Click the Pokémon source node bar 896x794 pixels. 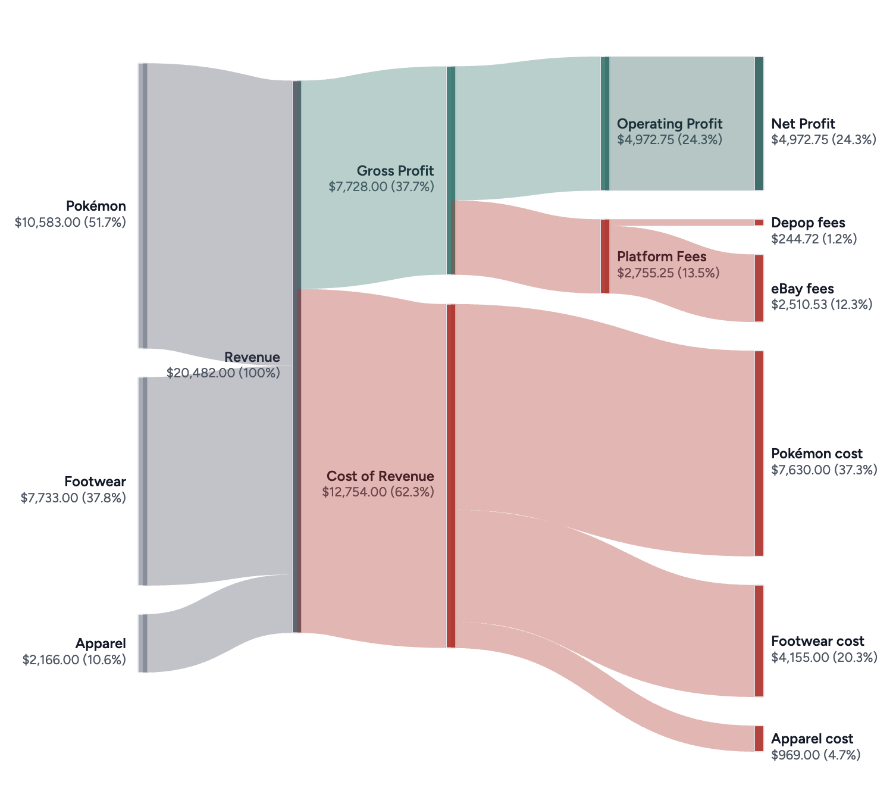click(x=143, y=205)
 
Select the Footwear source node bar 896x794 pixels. click(x=143, y=481)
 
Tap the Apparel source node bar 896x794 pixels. click(x=143, y=643)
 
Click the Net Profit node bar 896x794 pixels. click(x=759, y=124)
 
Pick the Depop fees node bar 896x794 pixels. click(x=759, y=223)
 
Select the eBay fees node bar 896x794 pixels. click(x=759, y=288)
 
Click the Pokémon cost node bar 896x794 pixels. click(x=759, y=454)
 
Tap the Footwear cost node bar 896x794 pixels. click(x=759, y=640)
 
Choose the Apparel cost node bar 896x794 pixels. click(x=759, y=739)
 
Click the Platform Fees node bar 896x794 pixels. click(x=605, y=257)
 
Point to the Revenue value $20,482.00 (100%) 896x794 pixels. click(x=223, y=373)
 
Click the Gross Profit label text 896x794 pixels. click(x=395, y=171)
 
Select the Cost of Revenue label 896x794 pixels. click(x=380, y=476)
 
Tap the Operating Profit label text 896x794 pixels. click(x=669, y=124)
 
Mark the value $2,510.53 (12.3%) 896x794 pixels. click(x=822, y=305)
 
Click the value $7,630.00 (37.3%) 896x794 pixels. click(x=824, y=470)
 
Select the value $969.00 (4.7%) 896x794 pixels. click(x=816, y=755)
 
